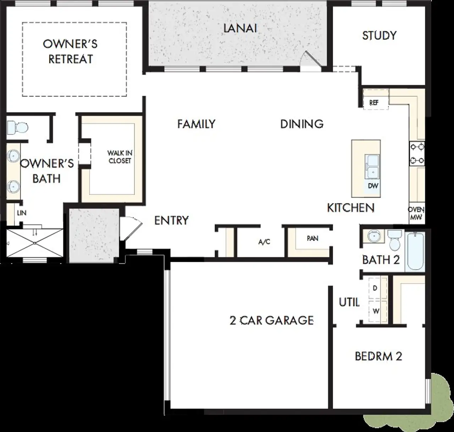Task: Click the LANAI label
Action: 240,28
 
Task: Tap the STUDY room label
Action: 379,35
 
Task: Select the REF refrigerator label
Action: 374,103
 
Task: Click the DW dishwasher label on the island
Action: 373,186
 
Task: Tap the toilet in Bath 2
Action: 394,240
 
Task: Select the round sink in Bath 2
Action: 373,236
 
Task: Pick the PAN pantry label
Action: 312,238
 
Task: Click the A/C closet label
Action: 264,242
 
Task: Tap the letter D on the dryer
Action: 375,288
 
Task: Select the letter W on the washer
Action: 376,311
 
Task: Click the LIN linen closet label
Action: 22,213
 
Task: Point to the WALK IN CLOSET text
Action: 120,157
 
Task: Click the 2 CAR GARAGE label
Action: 272,321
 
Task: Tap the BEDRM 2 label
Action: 378,356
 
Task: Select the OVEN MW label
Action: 416,214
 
